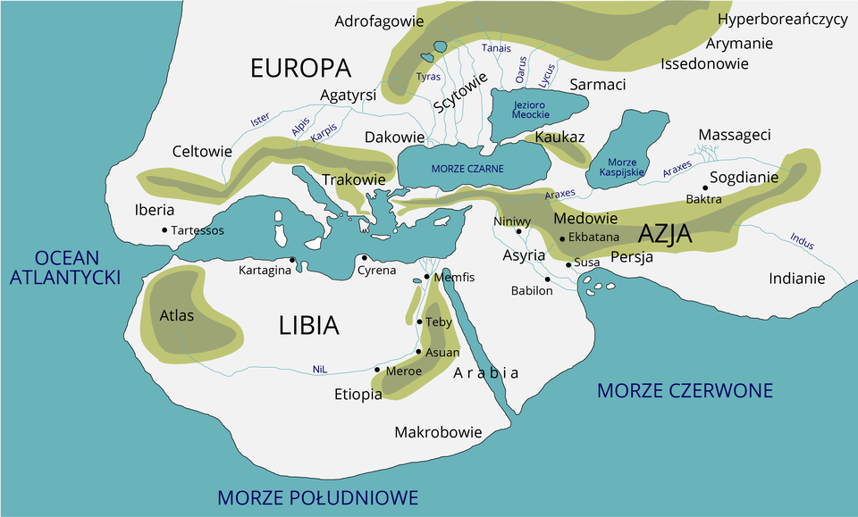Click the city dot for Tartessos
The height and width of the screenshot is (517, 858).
point(165,230)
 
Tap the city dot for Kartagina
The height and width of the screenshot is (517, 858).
point(292,260)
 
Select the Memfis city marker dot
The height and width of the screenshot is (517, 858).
point(427,277)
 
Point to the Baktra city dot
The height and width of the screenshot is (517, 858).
point(705,188)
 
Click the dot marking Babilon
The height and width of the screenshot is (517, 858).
point(547,279)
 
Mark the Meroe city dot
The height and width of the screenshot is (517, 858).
point(377,370)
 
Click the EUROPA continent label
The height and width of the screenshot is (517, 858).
point(299,69)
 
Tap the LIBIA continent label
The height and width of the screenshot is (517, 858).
point(308,326)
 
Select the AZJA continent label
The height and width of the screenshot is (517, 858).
point(666,235)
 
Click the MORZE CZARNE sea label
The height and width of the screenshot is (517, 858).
point(467,169)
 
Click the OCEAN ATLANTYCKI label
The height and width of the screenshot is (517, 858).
point(65,265)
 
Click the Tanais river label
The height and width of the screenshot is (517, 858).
point(496,47)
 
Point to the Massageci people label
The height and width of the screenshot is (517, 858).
point(734,135)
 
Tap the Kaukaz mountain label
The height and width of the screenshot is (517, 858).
point(559,137)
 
